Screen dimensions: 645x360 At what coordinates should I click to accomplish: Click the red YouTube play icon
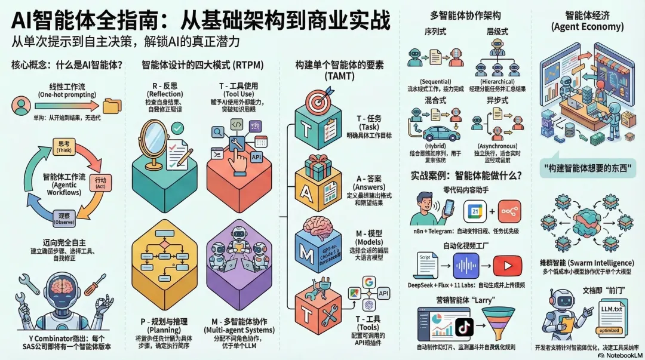pyautogui.click(x=505, y=264)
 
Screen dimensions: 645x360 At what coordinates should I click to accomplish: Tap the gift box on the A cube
pyautogui.click(x=320, y=166)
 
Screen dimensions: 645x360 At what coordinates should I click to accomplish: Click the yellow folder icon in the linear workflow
pyautogui.click(x=112, y=106)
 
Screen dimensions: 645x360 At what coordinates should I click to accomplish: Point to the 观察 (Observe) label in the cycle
pyautogui.click(x=63, y=218)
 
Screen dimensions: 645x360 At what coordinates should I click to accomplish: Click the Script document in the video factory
pyautogui.click(x=426, y=264)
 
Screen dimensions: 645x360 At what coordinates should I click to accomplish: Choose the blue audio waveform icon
pyautogui.click(x=466, y=264)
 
